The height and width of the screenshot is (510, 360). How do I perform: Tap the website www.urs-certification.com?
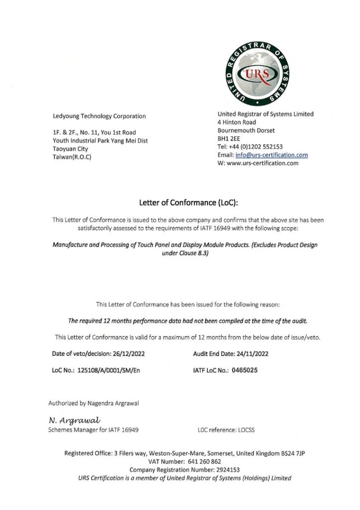pos(262,163)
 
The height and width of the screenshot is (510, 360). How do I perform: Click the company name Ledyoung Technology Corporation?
pos(100,116)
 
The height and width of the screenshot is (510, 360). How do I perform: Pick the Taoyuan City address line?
pos(70,148)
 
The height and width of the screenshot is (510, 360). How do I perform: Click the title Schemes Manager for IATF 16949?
pos(94,429)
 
